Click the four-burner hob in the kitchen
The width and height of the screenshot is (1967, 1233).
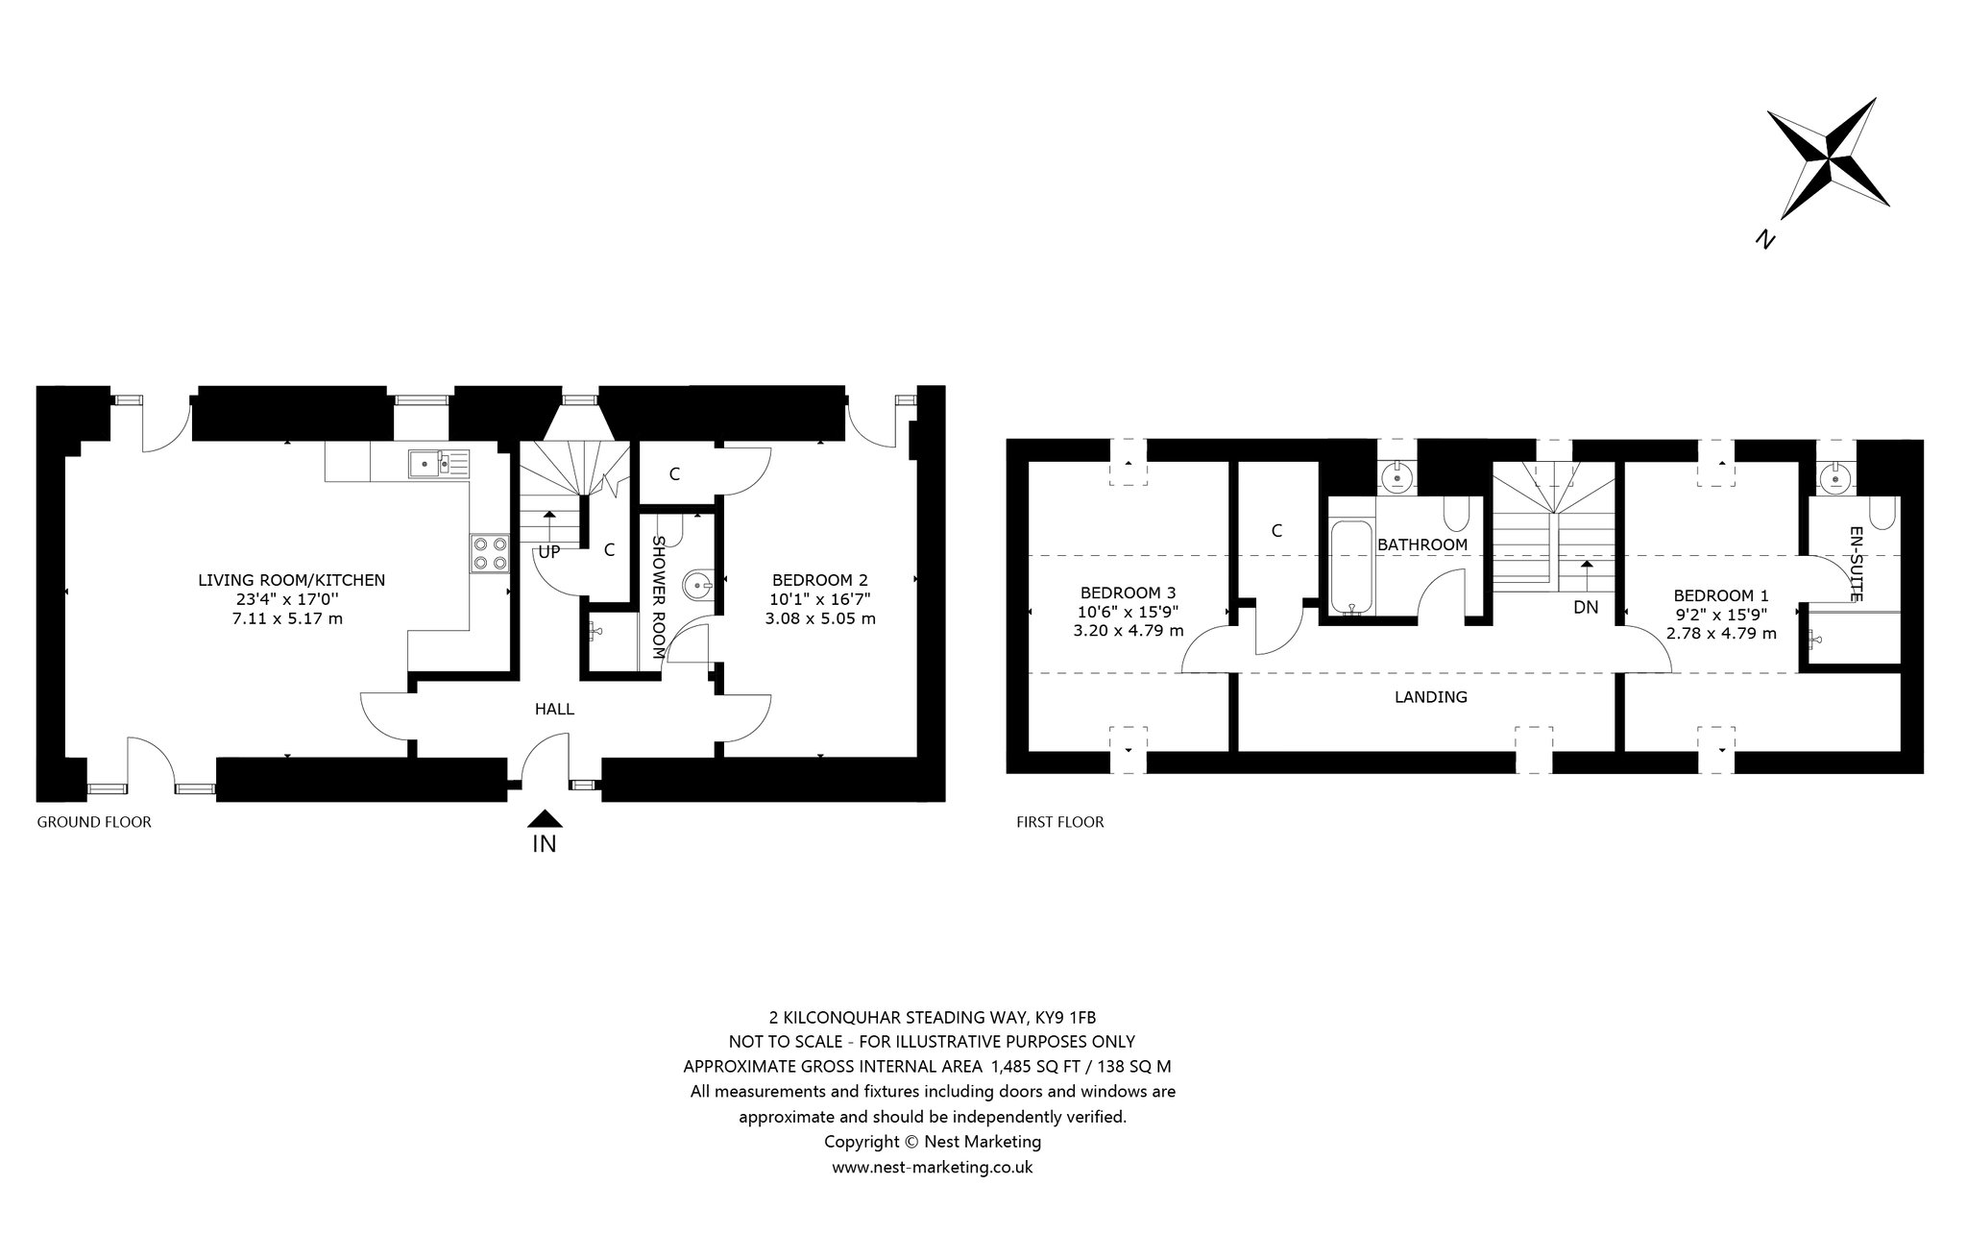490,553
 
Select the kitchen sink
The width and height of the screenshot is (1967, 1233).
437,464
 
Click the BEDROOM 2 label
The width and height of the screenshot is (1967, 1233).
820,580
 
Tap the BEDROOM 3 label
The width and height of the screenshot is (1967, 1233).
1128,592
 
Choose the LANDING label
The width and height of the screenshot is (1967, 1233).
1431,697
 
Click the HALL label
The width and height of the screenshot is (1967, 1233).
554,709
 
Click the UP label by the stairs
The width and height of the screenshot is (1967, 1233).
548,552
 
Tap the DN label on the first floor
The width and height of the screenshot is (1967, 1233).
1586,607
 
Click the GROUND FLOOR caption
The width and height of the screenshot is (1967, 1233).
94,822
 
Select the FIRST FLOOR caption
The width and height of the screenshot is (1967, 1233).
1060,822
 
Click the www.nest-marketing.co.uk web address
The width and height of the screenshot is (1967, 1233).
932,1167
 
